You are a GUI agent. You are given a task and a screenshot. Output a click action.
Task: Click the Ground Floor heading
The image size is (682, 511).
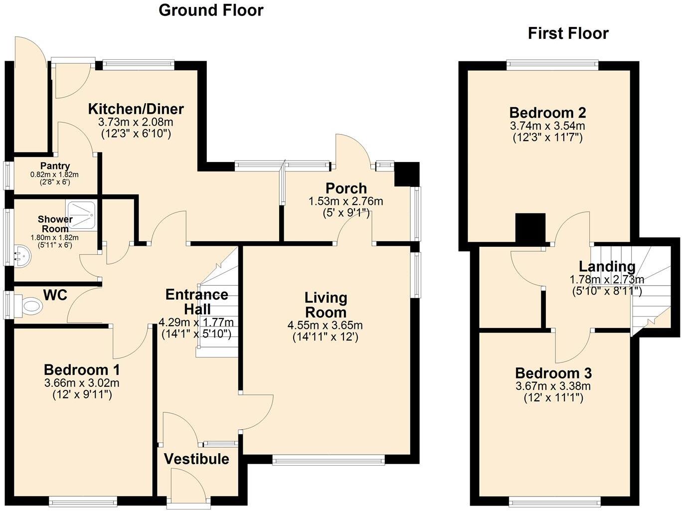211,10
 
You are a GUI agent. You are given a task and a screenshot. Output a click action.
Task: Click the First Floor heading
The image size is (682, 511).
568,33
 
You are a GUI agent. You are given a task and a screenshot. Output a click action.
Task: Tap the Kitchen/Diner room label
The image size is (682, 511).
136,109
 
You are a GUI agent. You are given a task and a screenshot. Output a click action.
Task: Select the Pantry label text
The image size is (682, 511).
55,166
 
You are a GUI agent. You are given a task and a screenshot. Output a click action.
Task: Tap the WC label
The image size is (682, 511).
55,295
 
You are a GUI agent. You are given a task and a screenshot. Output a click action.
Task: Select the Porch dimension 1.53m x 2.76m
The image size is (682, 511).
346,201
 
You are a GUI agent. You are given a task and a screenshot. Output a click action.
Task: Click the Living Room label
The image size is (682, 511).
326,305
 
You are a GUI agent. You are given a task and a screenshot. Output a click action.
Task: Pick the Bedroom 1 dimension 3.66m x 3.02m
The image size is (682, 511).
82,383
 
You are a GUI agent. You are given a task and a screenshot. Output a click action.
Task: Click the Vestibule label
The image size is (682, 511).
196,459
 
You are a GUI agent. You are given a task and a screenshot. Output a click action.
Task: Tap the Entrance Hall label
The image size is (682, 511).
196,302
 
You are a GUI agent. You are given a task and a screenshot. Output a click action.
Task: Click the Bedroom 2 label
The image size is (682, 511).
547,113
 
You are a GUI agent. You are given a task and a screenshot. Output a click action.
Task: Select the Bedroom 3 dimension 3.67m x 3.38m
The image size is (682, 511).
553,386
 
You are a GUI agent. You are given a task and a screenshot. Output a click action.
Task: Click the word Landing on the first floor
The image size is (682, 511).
607,267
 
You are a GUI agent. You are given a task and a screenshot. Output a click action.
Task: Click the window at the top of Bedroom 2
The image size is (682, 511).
552,64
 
